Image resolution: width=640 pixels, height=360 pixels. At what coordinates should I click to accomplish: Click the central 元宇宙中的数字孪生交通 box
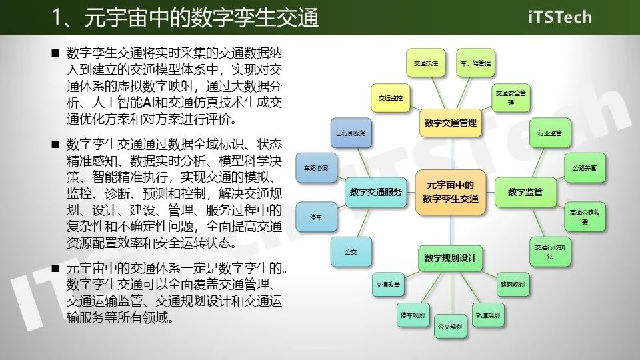click(x=451, y=192)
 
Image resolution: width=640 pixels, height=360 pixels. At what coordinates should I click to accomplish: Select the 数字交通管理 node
click(x=451, y=123)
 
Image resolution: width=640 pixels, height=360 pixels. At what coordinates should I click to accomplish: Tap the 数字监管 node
click(x=525, y=192)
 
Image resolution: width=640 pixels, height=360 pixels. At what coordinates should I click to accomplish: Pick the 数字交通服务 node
click(x=377, y=192)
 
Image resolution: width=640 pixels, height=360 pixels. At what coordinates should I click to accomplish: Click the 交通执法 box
click(x=425, y=63)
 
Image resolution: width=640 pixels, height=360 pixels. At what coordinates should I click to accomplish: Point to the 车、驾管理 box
click(x=475, y=63)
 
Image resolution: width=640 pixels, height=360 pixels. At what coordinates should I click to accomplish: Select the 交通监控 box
click(x=390, y=98)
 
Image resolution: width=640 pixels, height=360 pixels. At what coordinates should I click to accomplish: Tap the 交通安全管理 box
click(x=511, y=98)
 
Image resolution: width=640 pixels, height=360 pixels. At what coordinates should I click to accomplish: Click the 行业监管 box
click(x=550, y=133)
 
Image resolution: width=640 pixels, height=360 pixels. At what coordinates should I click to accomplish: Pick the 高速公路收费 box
click(x=585, y=216)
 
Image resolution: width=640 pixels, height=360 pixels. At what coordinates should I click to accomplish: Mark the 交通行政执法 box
click(x=550, y=252)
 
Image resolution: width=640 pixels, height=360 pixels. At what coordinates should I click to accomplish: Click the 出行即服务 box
click(x=351, y=133)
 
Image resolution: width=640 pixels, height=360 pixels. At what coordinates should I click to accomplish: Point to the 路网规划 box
click(x=511, y=285)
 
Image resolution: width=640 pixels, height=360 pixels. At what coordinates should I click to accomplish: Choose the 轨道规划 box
click(x=487, y=315)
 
